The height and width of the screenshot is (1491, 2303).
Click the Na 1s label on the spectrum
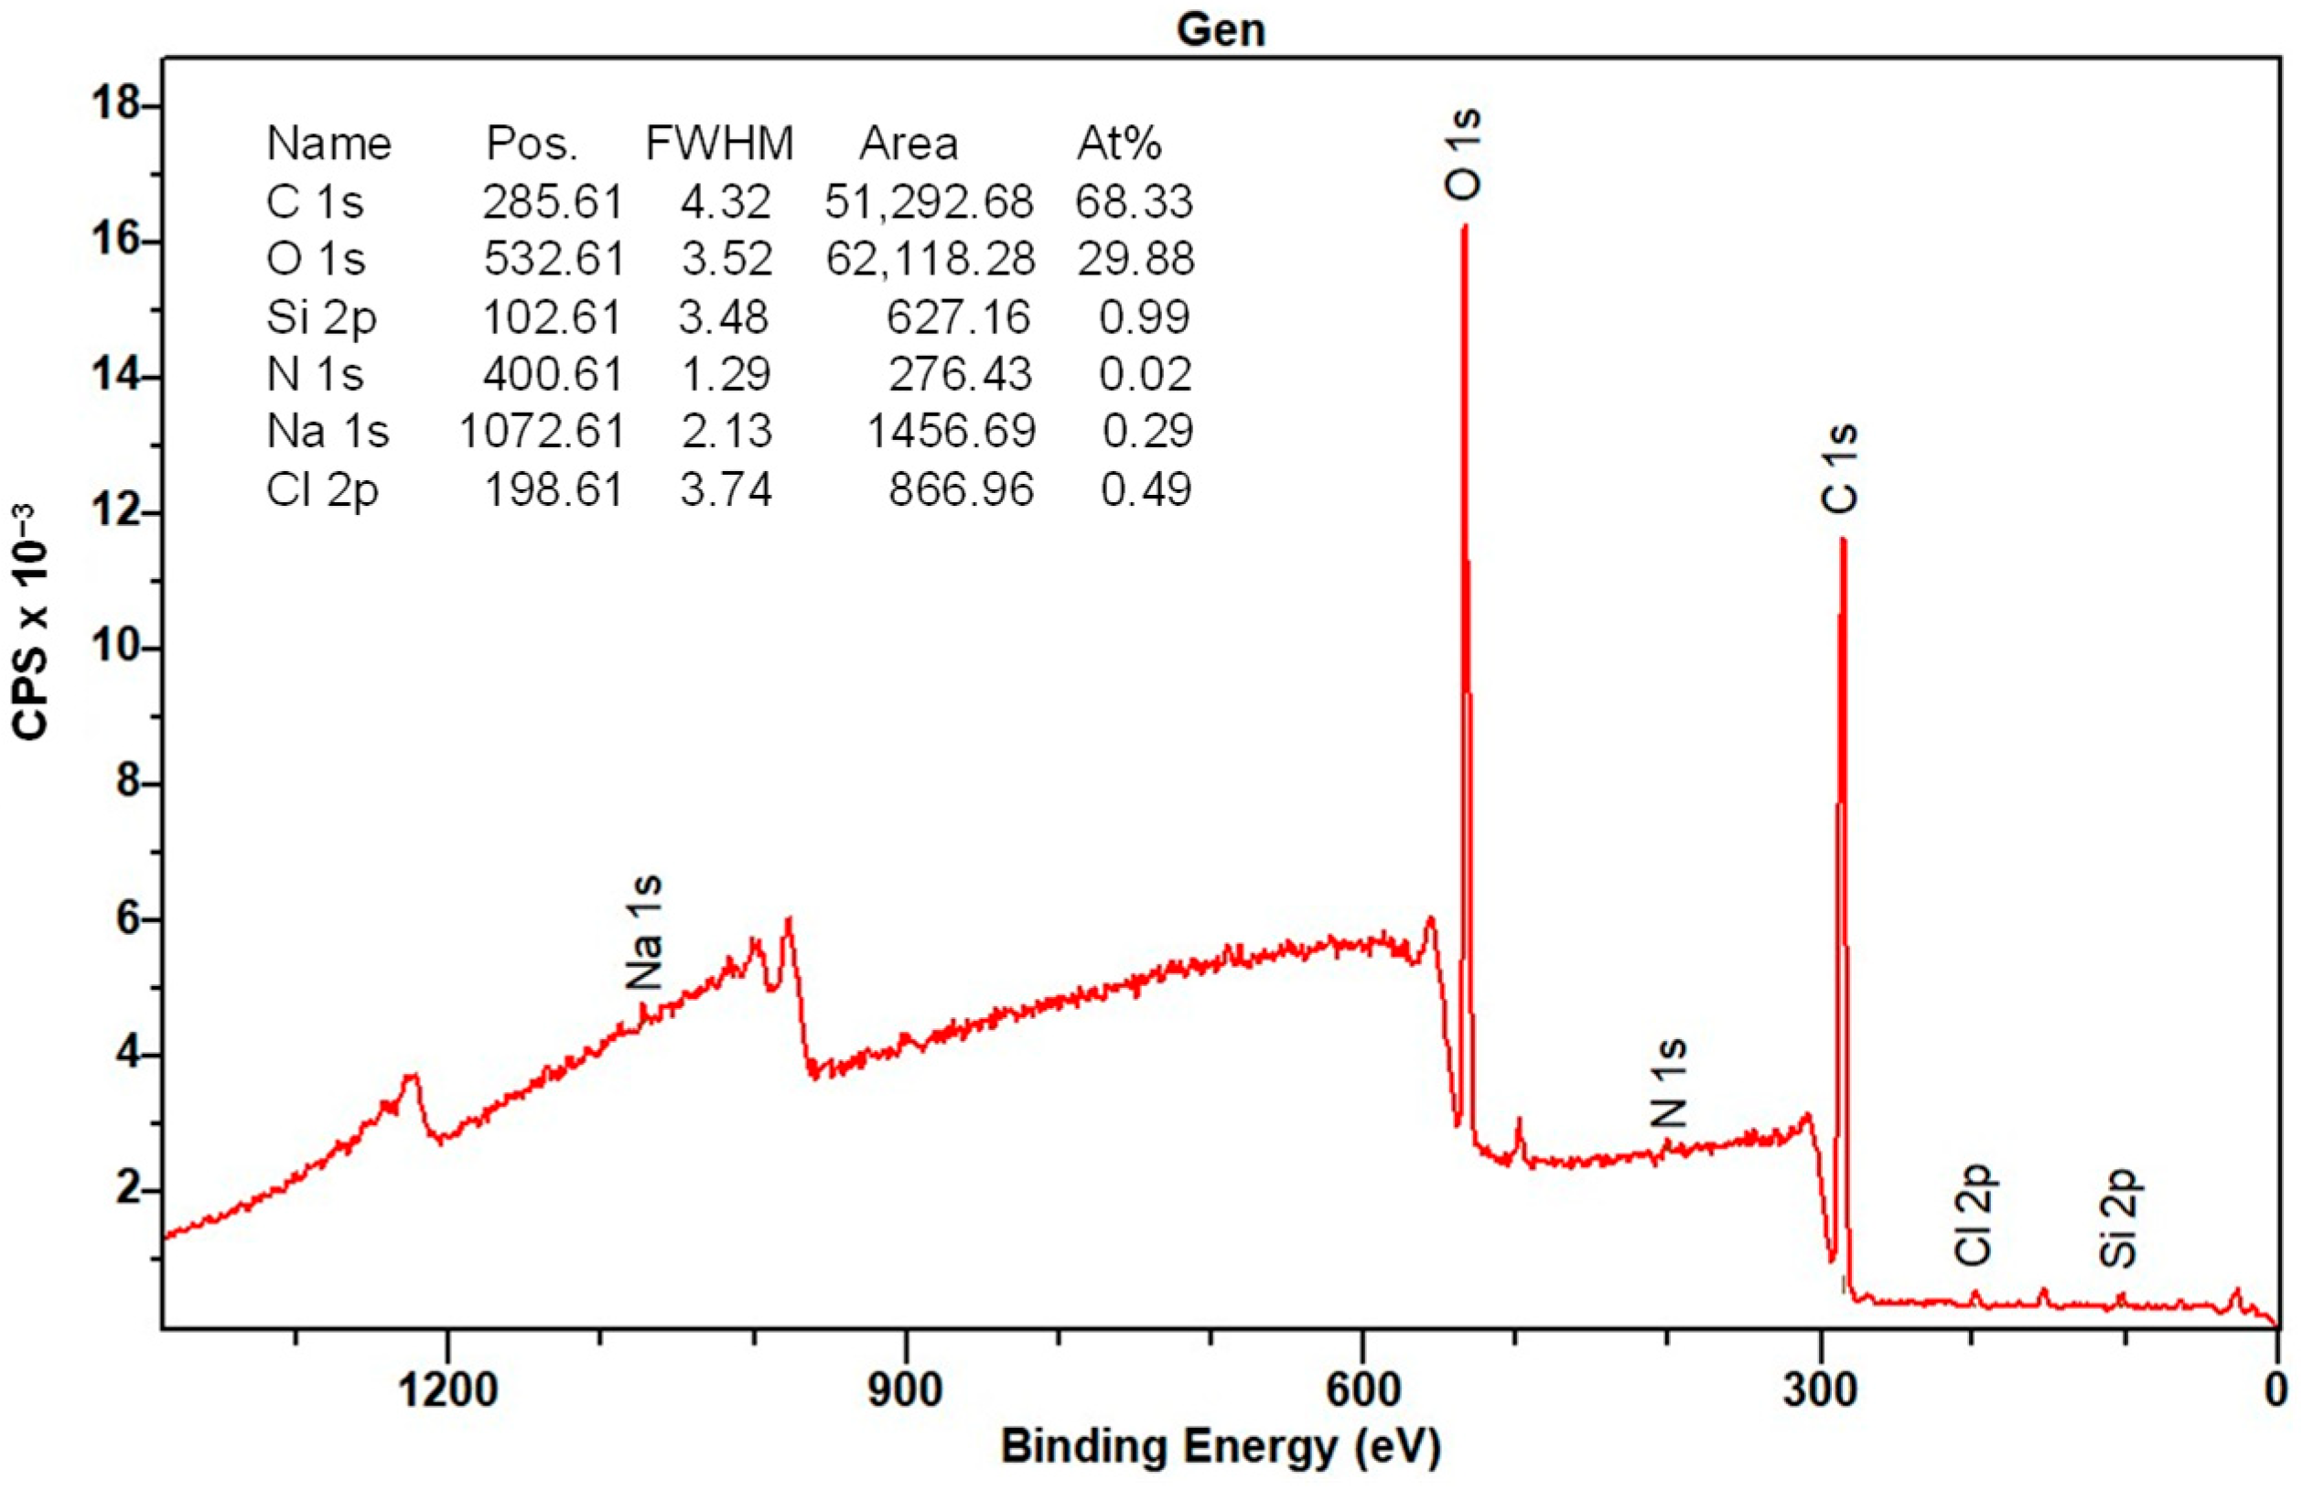pos(643,932)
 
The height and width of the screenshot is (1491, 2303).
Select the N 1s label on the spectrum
pos(1668,1083)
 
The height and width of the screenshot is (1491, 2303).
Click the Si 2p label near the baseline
pos(2118,1219)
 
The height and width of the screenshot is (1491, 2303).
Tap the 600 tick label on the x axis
pos(1362,1391)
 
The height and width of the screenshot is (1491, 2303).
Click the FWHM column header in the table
pos(719,145)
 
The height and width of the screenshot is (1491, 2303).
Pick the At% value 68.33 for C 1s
pos(1133,201)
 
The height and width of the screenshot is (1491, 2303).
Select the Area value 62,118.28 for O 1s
pos(930,258)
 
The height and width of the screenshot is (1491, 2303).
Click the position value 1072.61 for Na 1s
pos(542,431)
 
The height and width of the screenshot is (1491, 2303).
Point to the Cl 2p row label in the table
pos(321,488)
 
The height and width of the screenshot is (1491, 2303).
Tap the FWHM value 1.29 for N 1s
pos(725,373)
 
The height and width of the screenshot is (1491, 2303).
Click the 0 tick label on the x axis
pos(2276,1391)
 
